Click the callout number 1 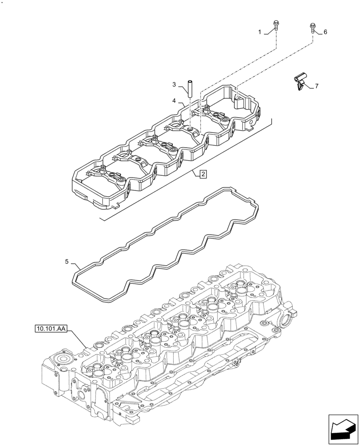260,32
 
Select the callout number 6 325,32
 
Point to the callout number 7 317,86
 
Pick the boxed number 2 203,174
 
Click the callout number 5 67,262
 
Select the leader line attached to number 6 319,32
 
